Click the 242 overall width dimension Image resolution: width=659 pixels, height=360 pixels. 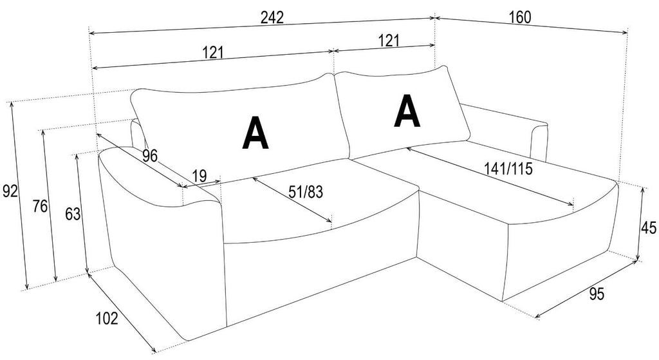[272, 17]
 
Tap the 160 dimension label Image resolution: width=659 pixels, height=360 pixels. [520, 17]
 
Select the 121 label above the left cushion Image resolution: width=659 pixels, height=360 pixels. [213, 53]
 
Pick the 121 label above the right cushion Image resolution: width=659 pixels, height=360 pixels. [388, 41]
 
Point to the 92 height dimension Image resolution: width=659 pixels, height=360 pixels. [10, 191]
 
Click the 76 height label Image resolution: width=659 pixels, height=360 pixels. [41, 207]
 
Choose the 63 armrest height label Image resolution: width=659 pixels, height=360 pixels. [72, 214]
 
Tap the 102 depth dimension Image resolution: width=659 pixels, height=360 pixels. [107, 318]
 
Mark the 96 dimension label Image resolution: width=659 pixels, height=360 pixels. [149, 156]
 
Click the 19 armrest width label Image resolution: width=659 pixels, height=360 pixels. [200, 175]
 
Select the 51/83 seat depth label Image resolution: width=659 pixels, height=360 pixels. [306, 192]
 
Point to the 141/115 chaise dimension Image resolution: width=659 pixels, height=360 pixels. [508, 169]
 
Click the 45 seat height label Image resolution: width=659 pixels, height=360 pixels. [648, 227]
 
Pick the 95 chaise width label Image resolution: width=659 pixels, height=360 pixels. [597, 294]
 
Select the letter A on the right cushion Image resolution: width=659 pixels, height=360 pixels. [407, 111]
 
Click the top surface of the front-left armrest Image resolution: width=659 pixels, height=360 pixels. [158, 176]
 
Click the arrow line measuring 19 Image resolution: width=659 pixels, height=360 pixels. [201, 184]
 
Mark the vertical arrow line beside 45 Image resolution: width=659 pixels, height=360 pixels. [640, 223]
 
